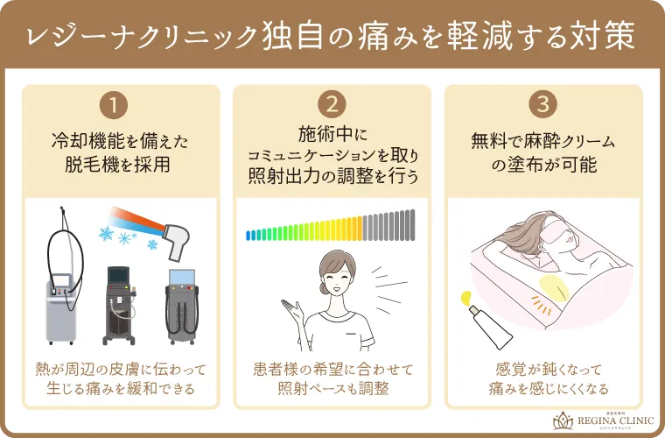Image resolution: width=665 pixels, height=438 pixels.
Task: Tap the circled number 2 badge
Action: (x=332, y=105)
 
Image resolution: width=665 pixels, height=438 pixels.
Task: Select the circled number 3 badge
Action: (x=543, y=105)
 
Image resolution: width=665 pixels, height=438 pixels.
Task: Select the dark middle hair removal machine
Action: (x=119, y=302)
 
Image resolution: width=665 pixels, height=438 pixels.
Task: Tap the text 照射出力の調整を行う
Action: (x=332, y=175)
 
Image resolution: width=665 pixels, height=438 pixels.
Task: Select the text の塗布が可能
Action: (x=543, y=164)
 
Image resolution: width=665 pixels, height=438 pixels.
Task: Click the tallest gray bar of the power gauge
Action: (x=410, y=224)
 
